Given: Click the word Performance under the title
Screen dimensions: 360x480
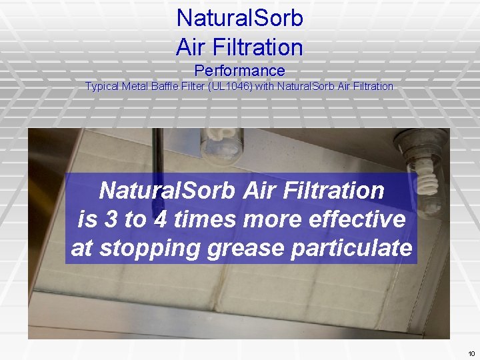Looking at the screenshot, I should pyautogui.click(x=239, y=71).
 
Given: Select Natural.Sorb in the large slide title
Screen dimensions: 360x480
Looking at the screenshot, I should pyautogui.click(x=239, y=18).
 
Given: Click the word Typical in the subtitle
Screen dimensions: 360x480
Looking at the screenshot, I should pyautogui.click(x=102, y=86).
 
